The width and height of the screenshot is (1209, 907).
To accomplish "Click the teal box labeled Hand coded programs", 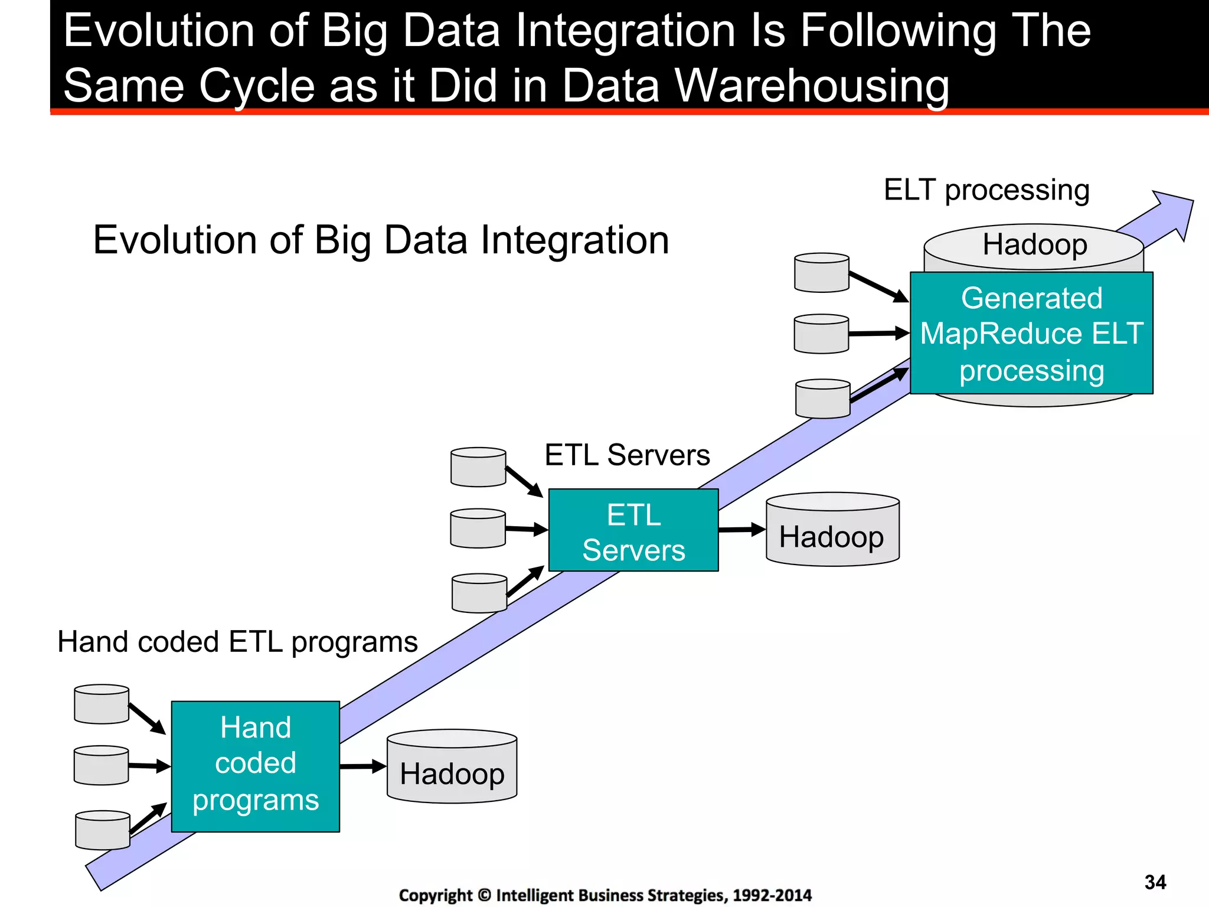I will (x=255, y=766).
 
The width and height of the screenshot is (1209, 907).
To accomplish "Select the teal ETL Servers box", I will (x=633, y=530).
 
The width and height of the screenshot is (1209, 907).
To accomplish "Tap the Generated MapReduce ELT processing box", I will (x=1031, y=333).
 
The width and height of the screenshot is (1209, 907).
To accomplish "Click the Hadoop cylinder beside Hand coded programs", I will (x=452, y=768).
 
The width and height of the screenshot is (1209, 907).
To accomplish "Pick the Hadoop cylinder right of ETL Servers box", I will (x=832, y=530).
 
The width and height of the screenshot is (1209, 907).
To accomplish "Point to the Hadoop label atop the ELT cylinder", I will (x=1034, y=244).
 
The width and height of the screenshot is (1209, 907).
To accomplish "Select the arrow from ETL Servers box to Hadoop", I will (x=741, y=529).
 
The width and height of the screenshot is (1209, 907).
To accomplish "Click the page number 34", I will (x=1155, y=882).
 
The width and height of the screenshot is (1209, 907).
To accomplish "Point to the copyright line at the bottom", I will (x=605, y=895).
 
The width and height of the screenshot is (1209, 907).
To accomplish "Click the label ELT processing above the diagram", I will (x=986, y=190).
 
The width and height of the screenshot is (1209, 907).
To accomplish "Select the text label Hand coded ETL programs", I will (x=237, y=642).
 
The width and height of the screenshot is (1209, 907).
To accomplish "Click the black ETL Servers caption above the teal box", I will (x=627, y=455).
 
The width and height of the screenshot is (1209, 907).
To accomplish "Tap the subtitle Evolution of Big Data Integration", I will (x=381, y=240).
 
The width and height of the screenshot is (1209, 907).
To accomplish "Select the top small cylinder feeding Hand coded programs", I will (x=102, y=704).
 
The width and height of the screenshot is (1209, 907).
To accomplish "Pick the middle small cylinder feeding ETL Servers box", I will (x=478, y=528).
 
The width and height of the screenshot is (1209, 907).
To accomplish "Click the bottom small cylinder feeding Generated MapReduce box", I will (x=822, y=399).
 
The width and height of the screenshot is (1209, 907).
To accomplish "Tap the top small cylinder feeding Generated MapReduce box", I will (x=822, y=273).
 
